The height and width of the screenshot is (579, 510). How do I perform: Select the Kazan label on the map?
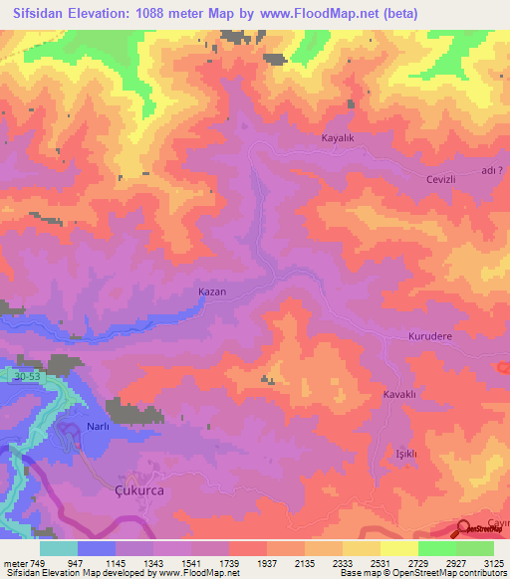(x=213, y=292)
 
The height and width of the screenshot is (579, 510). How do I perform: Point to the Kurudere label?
(x=431, y=337)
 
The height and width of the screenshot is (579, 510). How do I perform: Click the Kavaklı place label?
(x=399, y=395)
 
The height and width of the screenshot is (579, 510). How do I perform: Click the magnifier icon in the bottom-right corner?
(x=465, y=528)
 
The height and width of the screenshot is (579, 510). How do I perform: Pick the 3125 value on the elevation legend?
(x=495, y=563)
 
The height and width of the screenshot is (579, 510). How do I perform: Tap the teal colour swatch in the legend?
(x=59, y=548)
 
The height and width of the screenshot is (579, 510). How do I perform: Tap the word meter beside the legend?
(x=15, y=563)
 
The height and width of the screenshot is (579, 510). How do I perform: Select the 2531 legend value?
(x=382, y=563)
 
